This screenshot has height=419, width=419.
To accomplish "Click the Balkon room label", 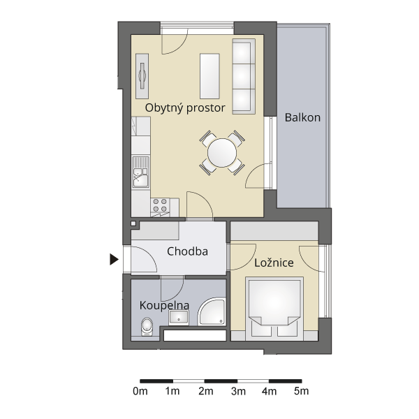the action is (x=302, y=117).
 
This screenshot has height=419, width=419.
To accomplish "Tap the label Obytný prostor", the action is (x=185, y=108).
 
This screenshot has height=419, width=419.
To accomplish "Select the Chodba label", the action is (x=187, y=251).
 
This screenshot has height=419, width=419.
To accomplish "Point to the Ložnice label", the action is (x=274, y=263).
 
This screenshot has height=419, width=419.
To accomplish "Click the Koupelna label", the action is (x=164, y=305).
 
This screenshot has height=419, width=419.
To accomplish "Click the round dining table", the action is (x=222, y=153).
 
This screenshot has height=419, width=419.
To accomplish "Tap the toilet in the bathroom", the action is (x=147, y=327).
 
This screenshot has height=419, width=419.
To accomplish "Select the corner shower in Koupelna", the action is (x=212, y=312).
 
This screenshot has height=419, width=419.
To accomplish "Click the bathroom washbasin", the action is (x=179, y=318).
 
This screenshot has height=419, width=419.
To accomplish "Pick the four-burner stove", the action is (x=161, y=205).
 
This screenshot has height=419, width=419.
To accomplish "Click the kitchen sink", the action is (x=141, y=172).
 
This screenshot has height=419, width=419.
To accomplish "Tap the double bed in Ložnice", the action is (x=274, y=309).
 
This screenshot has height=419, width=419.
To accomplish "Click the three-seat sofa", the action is (x=244, y=76).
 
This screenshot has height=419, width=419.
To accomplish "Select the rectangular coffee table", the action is (x=209, y=76).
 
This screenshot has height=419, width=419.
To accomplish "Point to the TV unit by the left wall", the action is (x=142, y=76).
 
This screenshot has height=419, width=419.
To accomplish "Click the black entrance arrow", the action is (x=114, y=260).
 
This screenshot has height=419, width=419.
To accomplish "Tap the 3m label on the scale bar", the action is (x=238, y=392).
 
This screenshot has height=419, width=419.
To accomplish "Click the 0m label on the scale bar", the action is (x=140, y=392).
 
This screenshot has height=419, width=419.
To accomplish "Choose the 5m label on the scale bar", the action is (x=302, y=392).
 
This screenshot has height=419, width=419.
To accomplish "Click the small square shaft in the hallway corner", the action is (x=133, y=223).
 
